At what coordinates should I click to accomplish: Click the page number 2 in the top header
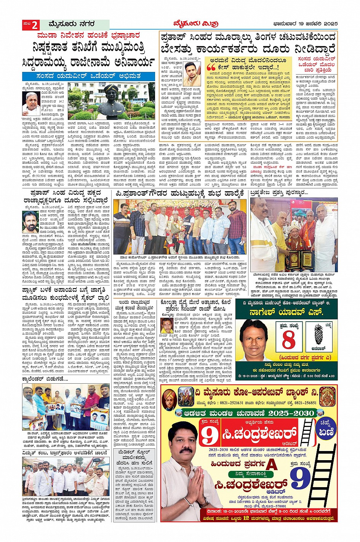[x=34, y=25]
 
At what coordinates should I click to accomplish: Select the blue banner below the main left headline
[x=88, y=77]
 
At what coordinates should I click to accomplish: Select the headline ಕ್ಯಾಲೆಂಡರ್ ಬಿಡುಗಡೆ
[x=45, y=379]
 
